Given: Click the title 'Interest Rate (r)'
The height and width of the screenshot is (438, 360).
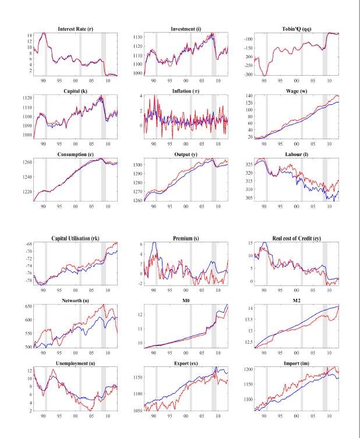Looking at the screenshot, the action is (x=75, y=29).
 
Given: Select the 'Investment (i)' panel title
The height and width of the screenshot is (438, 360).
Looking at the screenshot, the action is (x=186, y=29).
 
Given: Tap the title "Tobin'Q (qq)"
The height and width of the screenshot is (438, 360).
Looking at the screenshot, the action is (x=297, y=29).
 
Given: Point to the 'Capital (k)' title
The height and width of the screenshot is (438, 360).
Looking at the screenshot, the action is (x=75, y=91).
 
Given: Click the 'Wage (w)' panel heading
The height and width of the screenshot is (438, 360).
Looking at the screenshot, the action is (x=297, y=91).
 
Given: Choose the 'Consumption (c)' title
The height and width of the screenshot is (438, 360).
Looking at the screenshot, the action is (x=75, y=154).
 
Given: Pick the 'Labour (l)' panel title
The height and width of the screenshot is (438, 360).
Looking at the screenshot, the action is (x=297, y=154).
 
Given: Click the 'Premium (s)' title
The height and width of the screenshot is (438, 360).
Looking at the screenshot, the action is (x=186, y=238).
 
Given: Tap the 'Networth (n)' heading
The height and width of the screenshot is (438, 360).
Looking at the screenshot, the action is (x=75, y=301).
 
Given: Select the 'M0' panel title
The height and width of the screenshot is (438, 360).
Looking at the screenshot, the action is (x=186, y=301).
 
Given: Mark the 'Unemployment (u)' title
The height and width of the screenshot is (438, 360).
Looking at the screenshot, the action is (x=75, y=363).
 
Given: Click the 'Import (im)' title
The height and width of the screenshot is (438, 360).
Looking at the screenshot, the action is (x=297, y=363).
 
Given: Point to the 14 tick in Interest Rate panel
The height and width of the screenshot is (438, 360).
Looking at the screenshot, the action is (x=29, y=36).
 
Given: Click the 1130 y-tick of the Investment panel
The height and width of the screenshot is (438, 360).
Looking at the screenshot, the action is (x=137, y=37).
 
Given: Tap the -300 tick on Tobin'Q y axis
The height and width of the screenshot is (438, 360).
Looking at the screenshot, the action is (x=248, y=75).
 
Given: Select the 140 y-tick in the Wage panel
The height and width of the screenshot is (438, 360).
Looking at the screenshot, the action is (x=249, y=96).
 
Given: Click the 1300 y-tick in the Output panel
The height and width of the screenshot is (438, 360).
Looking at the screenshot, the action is (x=137, y=165).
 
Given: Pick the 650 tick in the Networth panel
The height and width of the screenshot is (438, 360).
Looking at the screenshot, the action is (x=29, y=306).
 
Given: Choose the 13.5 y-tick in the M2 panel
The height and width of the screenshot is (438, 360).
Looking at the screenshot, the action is (x=249, y=320).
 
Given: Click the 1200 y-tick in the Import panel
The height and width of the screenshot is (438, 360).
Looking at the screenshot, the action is (x=248, y=369).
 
